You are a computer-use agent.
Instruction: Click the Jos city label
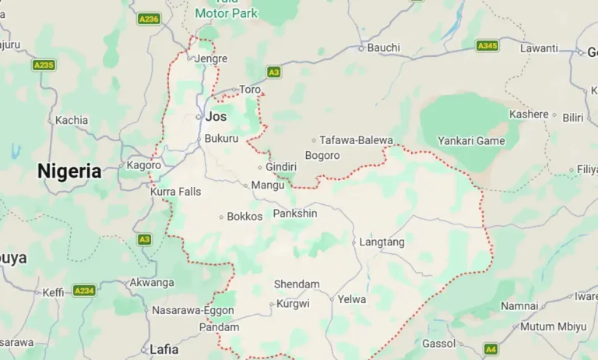coord(216,117)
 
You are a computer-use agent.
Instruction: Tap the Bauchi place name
coord(383,48)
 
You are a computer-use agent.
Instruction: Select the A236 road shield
coord(148,19)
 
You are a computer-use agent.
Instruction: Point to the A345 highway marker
coord(487,46)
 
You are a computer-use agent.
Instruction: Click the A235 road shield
coord(44,65)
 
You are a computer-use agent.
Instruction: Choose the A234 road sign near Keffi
coord(84,291)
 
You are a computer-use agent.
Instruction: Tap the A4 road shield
coord(491,349)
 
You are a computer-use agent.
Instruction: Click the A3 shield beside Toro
coord(273,72)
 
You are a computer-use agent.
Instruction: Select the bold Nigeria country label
coord(69,171)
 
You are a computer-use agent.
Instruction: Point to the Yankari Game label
coord(471,141)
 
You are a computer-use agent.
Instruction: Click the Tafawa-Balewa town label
coord(357,140)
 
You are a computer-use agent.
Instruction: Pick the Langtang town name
coord(382,242)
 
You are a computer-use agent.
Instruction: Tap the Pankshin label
coord(295,214)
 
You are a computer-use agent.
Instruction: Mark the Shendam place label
coord(297,284)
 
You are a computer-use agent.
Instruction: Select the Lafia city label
coord(164,349)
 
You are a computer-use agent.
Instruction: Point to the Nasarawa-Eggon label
coord(188,310)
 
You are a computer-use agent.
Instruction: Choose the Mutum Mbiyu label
coord(554,326)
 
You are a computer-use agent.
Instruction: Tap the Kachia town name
coord(72,120)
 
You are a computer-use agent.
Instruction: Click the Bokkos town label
coord(244,217)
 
